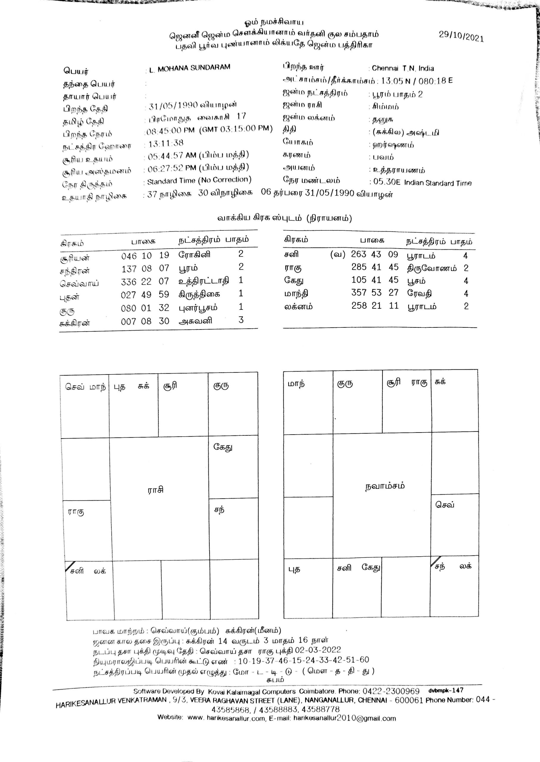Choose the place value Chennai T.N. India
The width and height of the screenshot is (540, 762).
point(403,68)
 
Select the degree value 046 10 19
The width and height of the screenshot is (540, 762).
point(145,256)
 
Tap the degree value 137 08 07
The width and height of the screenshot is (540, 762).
point(145,268)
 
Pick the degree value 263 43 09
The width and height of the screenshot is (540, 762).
point(374,254)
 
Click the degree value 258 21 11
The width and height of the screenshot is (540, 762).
point(375,306)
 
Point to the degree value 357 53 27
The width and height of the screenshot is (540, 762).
point(375,293)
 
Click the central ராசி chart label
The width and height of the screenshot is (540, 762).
point(156,490)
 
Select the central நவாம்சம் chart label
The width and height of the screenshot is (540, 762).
point(385,486)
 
